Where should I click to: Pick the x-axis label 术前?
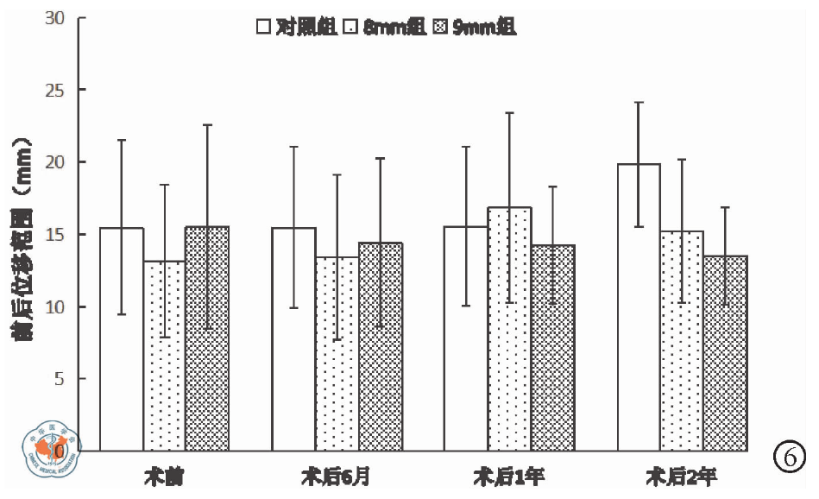(x=164, y=476)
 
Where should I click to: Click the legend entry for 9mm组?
(x=476, y=28)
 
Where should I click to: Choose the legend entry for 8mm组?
(x=386, y=28)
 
